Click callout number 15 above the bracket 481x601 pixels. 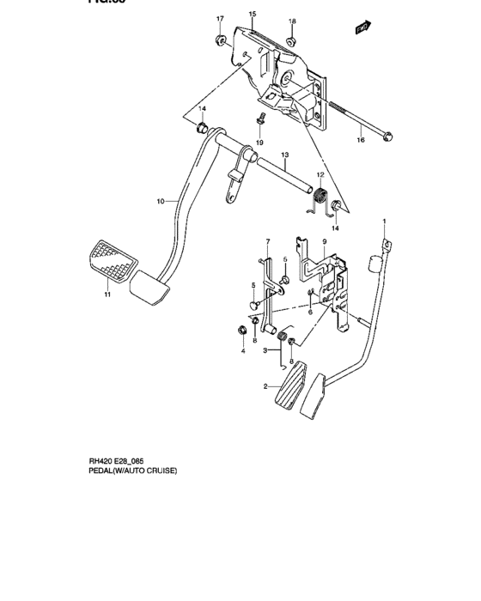[253, 15]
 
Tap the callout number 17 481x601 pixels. [219, 19]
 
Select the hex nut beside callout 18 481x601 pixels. [291, 39]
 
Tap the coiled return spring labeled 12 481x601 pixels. [319, 197]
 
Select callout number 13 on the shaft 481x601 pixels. [284, 155]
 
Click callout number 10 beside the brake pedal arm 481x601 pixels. [160, 202]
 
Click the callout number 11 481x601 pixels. [108, 294]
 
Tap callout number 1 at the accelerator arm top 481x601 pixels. [385, 222]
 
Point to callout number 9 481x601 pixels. [325, 243]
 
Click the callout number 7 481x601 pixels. [267, 241]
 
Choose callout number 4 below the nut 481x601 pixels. [242, 351]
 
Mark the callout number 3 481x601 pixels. [266, 350]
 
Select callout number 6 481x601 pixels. [310, 313]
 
